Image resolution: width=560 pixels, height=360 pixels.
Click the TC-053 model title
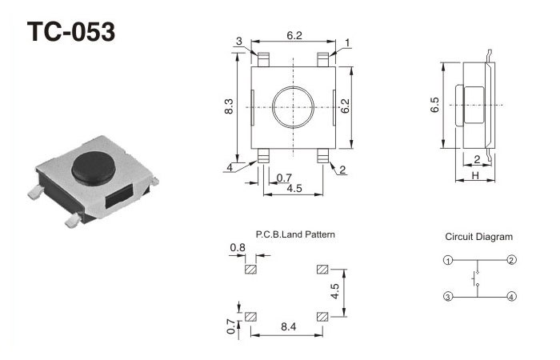coord(71,32)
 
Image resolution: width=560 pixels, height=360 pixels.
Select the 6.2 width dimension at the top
coord(294,36)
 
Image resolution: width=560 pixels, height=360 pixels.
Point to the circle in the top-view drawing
coord(293,106)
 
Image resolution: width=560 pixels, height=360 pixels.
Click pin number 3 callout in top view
coord(239,42)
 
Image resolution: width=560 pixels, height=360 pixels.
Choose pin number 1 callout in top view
coord(348,42)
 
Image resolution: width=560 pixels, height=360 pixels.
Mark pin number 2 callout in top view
coord(342,169)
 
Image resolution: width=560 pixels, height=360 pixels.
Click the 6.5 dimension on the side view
coord(434,106)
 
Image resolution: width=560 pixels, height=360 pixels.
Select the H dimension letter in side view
coord(475,175)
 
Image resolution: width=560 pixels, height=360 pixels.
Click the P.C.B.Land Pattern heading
coord(295,235)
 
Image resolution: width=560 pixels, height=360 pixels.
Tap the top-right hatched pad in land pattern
coord(323,269)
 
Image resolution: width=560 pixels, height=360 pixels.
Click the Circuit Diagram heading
coord(479,237)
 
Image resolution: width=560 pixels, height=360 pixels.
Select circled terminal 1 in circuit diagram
coord(449,261)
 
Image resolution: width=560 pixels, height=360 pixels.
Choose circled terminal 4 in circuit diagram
coord(510,296)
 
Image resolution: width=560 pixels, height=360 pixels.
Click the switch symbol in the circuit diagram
coord(478,278)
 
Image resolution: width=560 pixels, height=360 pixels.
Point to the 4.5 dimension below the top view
coord(294,189)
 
